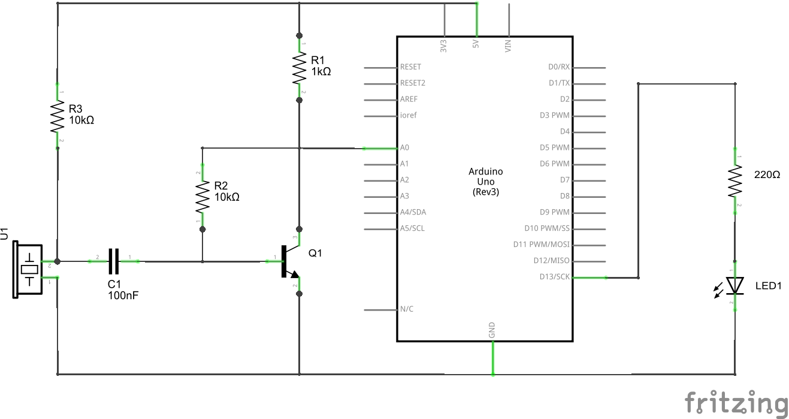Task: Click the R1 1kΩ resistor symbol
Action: (x=299, y=69)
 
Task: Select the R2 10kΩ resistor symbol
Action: (x=203, y=198)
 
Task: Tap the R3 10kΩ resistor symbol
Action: (x=58, y=116)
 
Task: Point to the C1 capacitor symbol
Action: (x=114, y=261)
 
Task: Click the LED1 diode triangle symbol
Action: (x=735, y=285)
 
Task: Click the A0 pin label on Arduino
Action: (x=405, y=147)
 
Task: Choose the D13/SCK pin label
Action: (x=555, y=277)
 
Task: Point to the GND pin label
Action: (x=492, y=330)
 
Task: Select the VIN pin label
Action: (x=509, y=46)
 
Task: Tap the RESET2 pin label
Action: (x=412, y=83)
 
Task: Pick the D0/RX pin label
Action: (x=558, y=67)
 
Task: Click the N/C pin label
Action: (x=406, y=309)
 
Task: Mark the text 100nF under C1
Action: (x=123, y=296)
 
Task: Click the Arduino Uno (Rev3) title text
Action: (x=485, y=182)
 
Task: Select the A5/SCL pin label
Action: (x=412, y=228)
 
